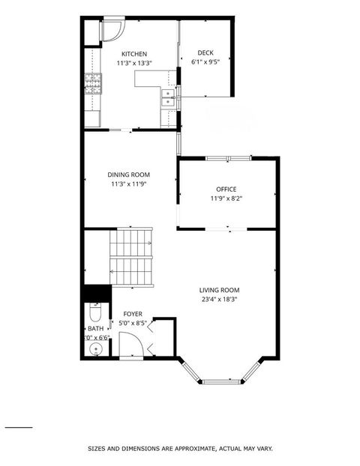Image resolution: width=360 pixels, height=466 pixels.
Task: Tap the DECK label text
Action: coord(205,52)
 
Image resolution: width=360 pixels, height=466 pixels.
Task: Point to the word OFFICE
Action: coord(226,190)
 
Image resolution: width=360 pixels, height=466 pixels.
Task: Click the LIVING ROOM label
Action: coord(219,290)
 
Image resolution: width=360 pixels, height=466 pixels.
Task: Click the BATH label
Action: coord(95,328)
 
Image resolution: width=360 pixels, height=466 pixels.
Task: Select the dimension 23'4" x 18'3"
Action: coord(219,300)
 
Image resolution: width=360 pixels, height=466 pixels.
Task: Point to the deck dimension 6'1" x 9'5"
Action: coord(205,62)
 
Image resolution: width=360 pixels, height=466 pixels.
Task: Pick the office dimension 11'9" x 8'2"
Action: coord(226,199)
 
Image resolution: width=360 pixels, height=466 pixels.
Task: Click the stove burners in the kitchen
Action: coord(93,85)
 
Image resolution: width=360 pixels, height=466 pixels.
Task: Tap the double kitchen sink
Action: coord(168,97)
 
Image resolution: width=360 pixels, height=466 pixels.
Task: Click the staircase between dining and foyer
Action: coord(131,256)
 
